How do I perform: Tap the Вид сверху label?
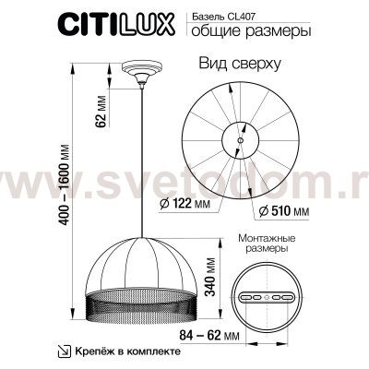(241, 65)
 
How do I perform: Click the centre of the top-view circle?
(238, 140)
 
